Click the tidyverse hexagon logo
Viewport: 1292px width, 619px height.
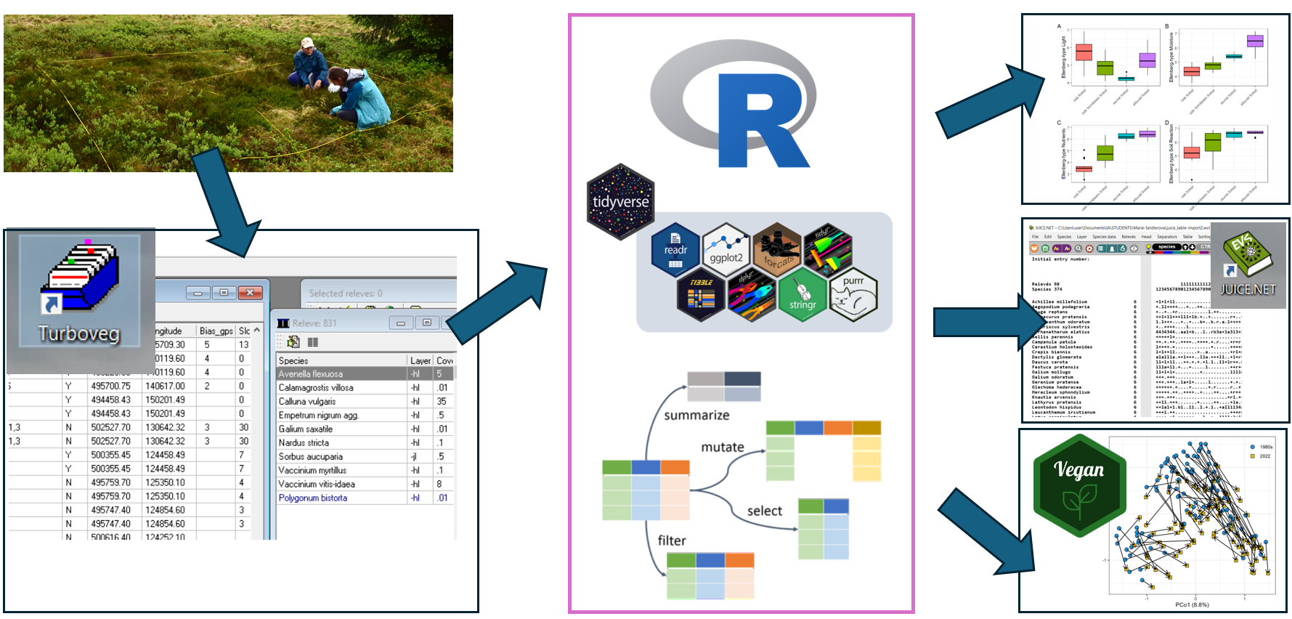620,201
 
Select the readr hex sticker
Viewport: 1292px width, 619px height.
675,250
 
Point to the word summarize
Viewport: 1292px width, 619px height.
696,415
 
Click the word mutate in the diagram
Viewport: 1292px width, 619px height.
722,447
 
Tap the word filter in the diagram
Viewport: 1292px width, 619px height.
671,541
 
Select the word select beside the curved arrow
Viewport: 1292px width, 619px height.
764,511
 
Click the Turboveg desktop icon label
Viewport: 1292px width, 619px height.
78,333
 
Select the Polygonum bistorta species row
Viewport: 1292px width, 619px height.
313,498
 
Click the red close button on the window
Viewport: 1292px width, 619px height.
250,293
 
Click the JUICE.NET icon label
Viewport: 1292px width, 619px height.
1248,289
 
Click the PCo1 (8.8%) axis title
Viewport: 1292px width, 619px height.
1192,604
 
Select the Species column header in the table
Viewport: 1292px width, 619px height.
293,360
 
